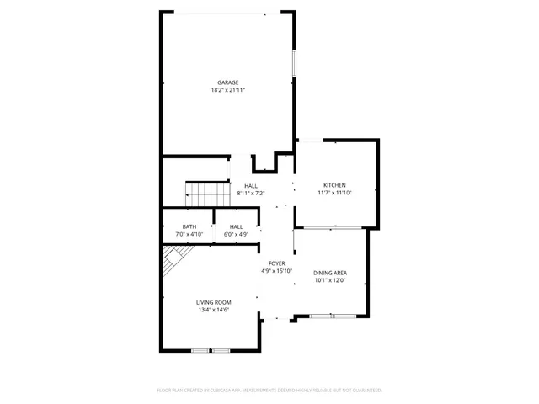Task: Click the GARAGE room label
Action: (x=227, y=82)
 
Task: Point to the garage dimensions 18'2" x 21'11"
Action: (x=227, y=90)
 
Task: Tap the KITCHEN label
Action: (x=334, y=185)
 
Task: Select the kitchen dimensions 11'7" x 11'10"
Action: (x=334, y=193)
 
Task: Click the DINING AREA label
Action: (x=330, y=273)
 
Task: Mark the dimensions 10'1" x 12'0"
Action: (x=330, y=280)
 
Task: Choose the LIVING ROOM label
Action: (x=214, y=302)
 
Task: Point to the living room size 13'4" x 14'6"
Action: (x=214, y=310)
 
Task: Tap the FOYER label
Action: (x=276, y=263)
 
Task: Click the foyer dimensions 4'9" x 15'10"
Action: (x=276, y=271)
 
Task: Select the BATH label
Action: (x=189, y=226)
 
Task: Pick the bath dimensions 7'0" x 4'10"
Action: (x=189, y=233)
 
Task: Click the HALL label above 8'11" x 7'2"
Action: (x=251, y=186)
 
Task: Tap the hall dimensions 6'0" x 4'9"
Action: (x=237, y=233)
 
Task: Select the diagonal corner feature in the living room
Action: (x=176, y=258)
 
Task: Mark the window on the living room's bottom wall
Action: (x=211, y=350)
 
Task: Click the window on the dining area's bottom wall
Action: (x=332, y=316)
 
